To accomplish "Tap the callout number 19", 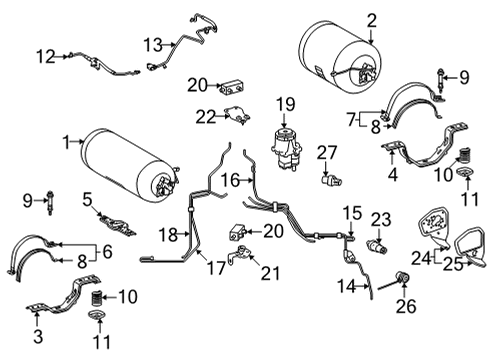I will click(285, 103).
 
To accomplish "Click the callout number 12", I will click(45, 55).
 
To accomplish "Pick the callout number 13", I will click(151, 44).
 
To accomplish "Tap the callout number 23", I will click(381, 219).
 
